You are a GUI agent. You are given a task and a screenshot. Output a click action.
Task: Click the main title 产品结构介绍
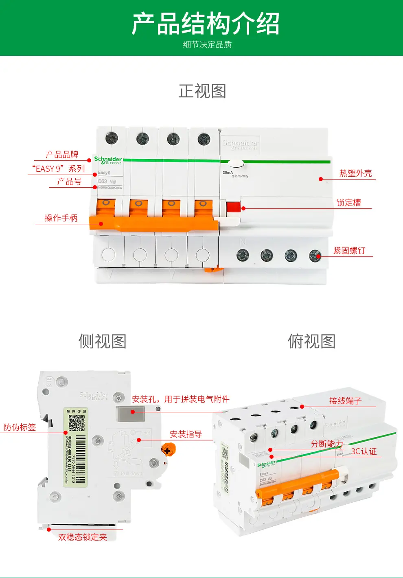coord(206,24)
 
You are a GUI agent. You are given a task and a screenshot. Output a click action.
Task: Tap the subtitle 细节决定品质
coord(207,44)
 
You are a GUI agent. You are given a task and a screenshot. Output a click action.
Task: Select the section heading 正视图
coord(202,91)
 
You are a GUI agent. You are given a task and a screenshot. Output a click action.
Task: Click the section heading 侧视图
coord(103,341)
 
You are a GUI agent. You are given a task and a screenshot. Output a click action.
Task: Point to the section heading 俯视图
coord(312,341)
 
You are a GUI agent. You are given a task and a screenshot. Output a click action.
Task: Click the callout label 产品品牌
coord(62,155)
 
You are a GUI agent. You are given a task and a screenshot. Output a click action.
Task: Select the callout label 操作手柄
coord(61,218)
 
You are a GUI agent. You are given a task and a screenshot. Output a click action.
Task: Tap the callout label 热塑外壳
coord(355,173)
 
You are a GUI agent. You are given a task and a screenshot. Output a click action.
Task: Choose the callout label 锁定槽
coord(348,203)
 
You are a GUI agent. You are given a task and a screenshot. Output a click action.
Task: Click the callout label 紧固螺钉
coord(349,251)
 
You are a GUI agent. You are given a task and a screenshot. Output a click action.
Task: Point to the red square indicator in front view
coord(233,207)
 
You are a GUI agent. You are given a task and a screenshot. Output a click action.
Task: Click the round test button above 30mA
coord(235,164)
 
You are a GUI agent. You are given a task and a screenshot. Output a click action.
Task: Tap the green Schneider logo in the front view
coord(108,160)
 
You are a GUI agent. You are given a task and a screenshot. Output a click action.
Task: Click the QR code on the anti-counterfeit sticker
coord(76,423)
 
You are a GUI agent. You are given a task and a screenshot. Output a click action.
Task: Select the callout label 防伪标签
coord(20,427)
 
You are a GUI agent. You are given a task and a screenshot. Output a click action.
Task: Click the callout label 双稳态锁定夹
coord(83,537)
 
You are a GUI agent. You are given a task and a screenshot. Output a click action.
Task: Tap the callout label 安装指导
coord(186,434)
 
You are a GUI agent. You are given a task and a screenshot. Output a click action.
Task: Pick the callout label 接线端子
coord(345,401)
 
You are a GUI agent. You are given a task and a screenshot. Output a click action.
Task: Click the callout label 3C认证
coord(364,451)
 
